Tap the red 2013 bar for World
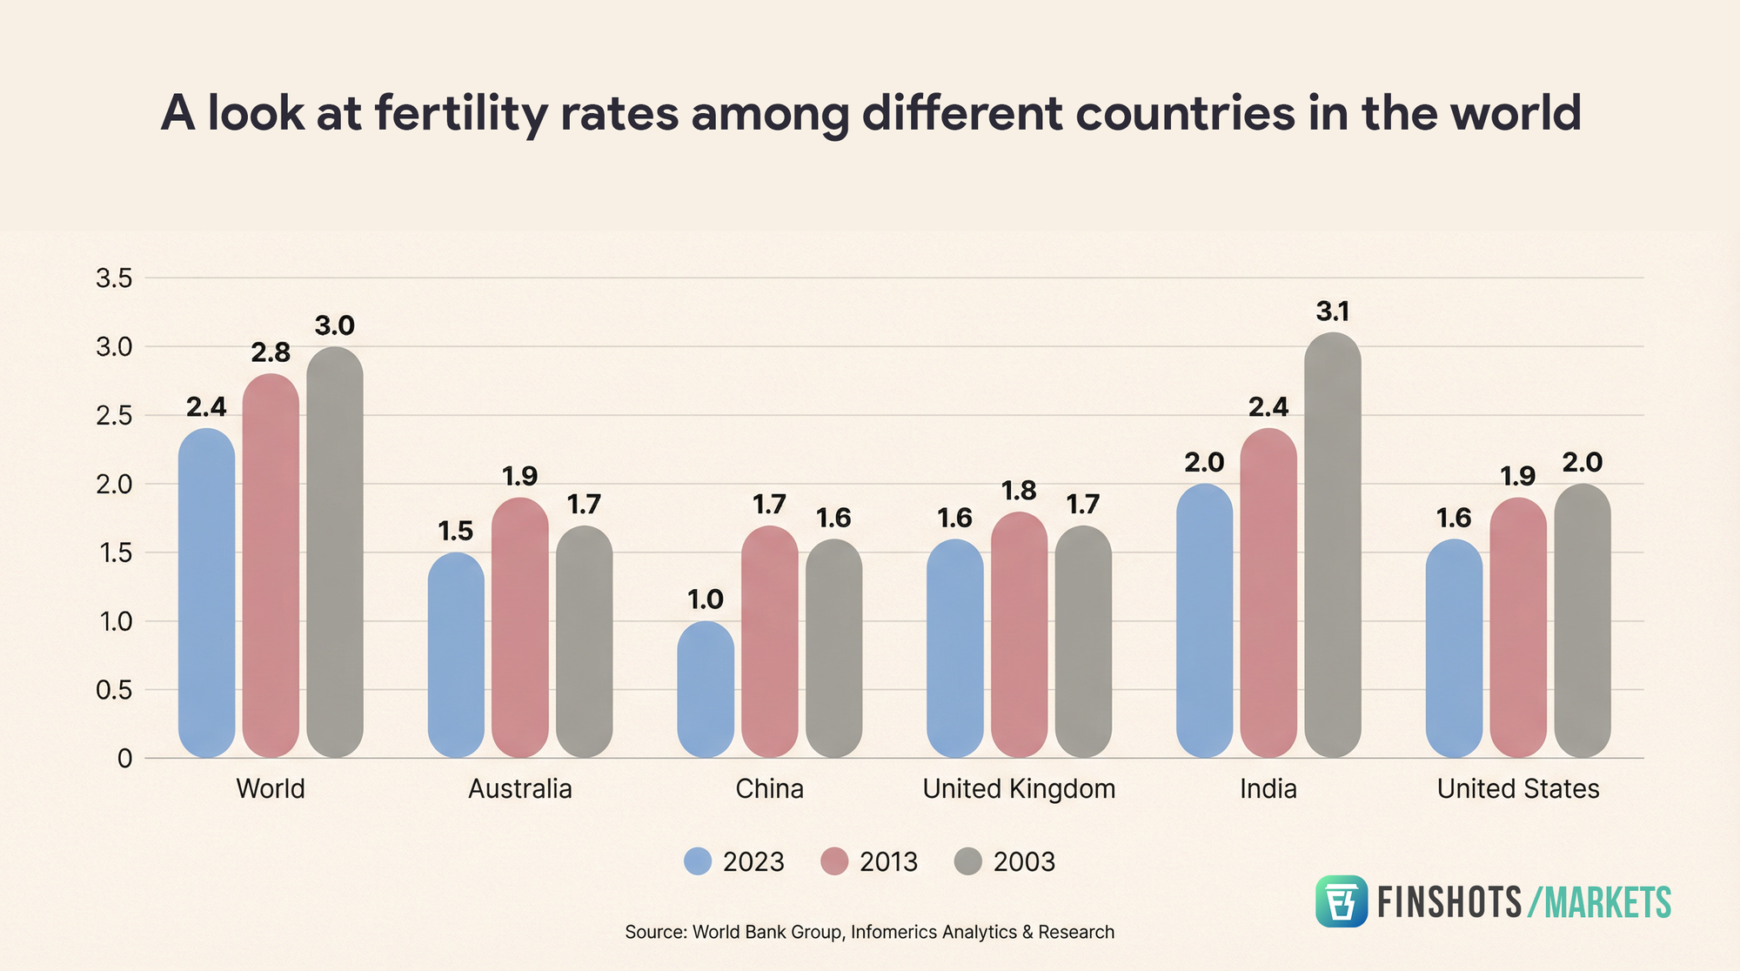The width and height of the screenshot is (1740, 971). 271,566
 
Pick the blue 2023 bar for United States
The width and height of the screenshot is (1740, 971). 1454,648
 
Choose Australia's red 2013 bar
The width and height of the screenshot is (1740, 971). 520,627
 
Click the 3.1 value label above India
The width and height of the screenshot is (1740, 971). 1333,311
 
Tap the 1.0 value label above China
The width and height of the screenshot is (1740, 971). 706,599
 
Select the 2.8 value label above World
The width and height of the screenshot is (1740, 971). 271,352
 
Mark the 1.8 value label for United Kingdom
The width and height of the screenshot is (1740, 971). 1019,492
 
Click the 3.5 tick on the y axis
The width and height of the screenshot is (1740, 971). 114,278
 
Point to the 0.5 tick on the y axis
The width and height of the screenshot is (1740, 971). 114,691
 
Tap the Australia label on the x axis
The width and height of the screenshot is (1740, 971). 520,789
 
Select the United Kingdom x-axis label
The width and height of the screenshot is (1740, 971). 1019,789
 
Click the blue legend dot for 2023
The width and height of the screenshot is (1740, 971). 698,861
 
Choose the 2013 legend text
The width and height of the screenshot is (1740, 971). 888,862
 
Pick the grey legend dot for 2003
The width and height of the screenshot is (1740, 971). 967,861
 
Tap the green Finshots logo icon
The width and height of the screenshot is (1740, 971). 1341,901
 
